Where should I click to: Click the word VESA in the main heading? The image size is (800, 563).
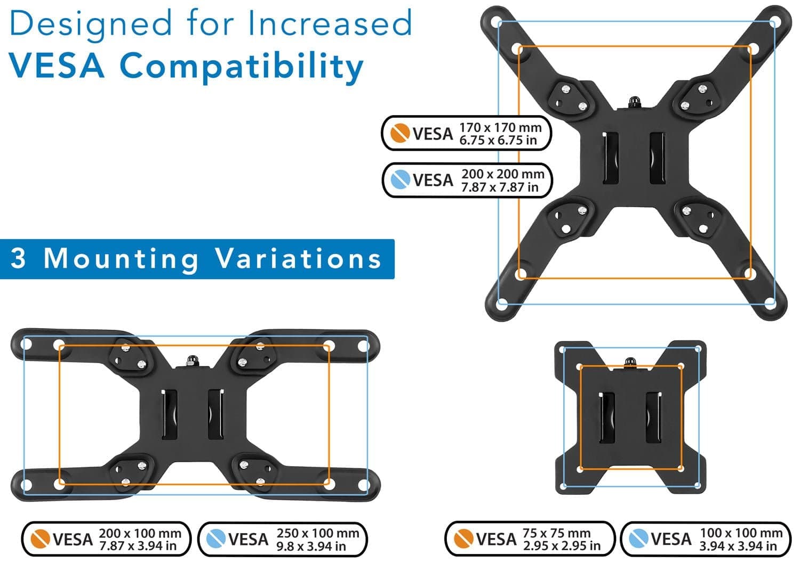[56, 66]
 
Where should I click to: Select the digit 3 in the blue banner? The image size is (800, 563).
[19, 258]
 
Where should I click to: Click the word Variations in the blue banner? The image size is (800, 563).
[299, 258]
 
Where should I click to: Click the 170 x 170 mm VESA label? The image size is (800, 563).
[466, 133]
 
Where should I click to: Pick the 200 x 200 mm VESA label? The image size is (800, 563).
[467, 180]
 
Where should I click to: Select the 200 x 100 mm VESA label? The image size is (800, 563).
[106, 539]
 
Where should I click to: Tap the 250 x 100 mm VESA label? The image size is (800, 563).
[283, 539]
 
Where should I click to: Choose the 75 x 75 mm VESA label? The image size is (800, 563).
[530, 539]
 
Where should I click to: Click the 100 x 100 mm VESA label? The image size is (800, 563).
[706, 539]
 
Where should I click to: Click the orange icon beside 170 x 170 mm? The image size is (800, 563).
[400, 133]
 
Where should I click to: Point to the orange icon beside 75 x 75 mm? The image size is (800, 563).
[463, 539]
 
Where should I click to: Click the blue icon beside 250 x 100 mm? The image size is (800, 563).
[216, 539]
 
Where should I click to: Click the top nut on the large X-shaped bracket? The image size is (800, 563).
[635, 101]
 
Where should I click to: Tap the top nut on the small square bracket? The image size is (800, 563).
[630, 362]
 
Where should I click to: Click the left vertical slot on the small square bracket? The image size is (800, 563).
[607, 418]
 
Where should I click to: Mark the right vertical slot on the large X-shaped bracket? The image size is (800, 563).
[657, 158]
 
